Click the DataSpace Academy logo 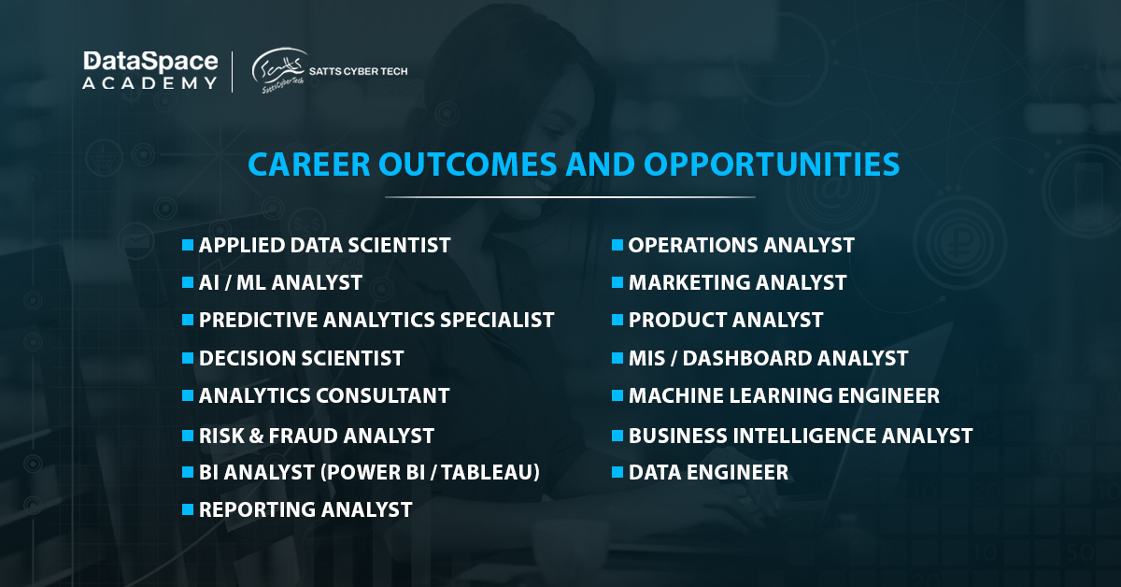[149, 71]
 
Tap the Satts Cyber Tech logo [329, 72]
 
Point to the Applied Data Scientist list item [324, 245]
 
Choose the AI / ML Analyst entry [280, 282]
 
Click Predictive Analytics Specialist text [376, 320]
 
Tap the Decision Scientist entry [301, 358]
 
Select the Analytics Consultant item [324, 395]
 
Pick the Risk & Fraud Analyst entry [316, 436]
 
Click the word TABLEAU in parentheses [487, 473]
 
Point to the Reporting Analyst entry [305, 509]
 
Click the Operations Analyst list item [741, 245]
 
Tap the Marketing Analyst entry [737, 282]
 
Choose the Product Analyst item [726, 320]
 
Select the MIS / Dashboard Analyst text [768, 358]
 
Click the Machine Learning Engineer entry [784, 395]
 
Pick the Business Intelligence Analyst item [801, 436]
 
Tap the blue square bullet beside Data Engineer [617, 472]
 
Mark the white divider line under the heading [570, 197]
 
